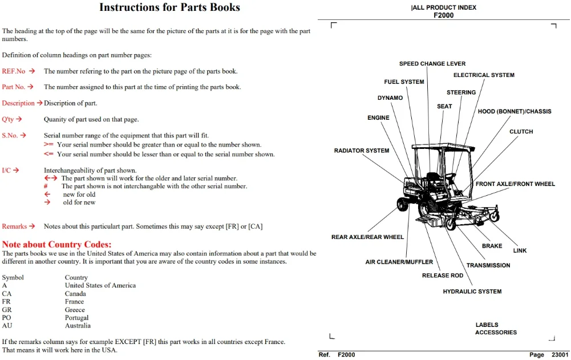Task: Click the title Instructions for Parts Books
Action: click(x=169, y=7)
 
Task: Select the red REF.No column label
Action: click(x=14, y=71)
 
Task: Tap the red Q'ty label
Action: click(x=7, y=119)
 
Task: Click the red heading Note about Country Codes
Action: click(x=57, y=244)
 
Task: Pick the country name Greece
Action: click(x=75, y=310)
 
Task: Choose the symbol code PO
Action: click(x=6, y=318)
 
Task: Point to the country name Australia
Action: click(x=78, y=326)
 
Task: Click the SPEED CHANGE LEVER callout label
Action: click(x=432, y=63)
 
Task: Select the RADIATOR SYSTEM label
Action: click(x=362, y=151)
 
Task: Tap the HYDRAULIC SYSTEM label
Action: click(x=472, y=292)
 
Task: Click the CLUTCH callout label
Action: click(x=521, y=132)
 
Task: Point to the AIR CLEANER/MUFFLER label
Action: click(x=399, y=262)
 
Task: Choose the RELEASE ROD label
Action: click(x=443, y=276)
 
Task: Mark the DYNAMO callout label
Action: click(x=390, y=98)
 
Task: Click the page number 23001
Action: click(x=560, y=354)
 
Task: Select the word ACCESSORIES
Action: click(x=496, y=332)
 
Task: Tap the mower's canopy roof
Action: click(x=443, y=147)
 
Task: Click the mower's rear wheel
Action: click(x=402, y=204)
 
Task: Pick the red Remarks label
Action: click(x=14, y=226)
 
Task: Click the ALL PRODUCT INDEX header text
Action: click(x=444, y=7)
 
